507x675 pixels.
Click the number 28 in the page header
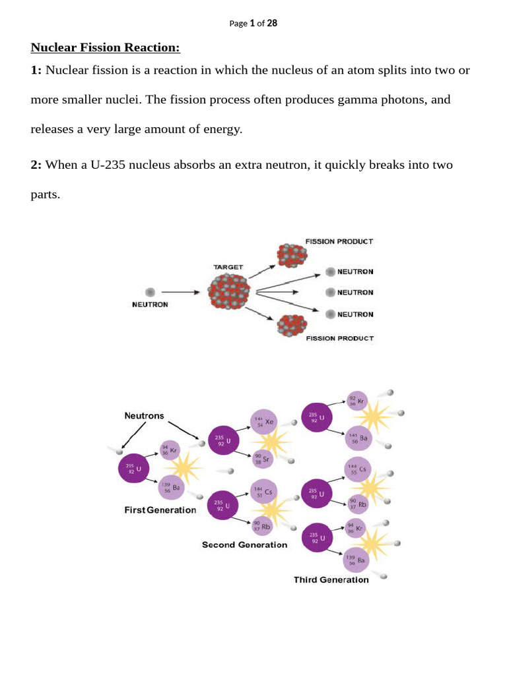272,23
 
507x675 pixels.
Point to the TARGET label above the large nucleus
228,267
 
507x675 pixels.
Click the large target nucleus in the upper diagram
229,292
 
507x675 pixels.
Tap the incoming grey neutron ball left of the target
151,292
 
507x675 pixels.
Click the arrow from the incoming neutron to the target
183,292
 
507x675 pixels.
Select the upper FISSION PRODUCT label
339,241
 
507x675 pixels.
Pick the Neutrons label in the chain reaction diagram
145,416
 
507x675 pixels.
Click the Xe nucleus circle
264,422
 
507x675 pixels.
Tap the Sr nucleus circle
261,457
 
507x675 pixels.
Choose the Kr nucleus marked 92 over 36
356,401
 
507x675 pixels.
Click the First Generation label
160,510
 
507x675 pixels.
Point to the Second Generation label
244,544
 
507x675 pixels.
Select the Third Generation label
331,579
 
